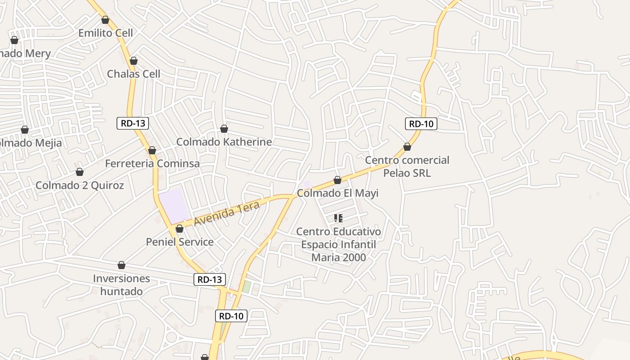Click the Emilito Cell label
106,33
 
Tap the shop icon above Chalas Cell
134,61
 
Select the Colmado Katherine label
224,142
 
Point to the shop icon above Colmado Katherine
224,129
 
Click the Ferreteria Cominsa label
152,163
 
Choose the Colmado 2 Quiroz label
80,185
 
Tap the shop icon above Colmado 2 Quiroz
80,172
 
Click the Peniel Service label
180,242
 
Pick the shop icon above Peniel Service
180,229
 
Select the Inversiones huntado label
121,284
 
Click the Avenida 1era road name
227,214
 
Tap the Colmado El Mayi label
337,193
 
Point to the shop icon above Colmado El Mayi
337,180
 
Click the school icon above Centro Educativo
338,218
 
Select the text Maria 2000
338,257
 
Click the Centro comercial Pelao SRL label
407,166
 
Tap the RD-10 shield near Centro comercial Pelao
421,124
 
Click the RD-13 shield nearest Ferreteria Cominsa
133,123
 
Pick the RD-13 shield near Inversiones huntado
210,279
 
